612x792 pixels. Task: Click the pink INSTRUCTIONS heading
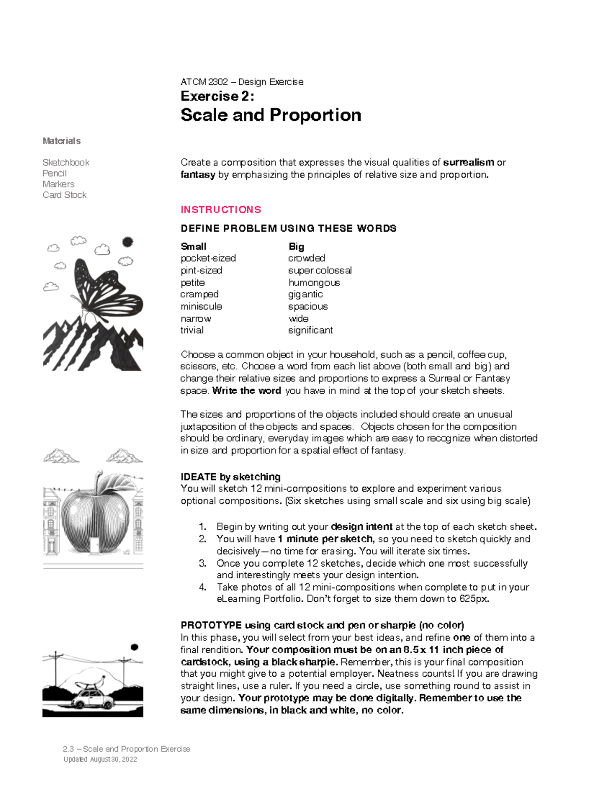point(220,210)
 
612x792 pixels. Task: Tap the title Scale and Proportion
point(271,115)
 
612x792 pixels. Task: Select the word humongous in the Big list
point(314,283)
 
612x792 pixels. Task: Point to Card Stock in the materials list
point(64,195)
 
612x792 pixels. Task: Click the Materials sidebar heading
point(62,141)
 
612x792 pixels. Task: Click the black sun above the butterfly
point(127,242)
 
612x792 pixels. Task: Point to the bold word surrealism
point(468,163)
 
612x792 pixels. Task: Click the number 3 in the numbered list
point(202,564)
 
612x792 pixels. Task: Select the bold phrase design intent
point(362,527)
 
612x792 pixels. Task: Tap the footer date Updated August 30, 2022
point(100,759)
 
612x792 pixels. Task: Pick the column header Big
point(296,247)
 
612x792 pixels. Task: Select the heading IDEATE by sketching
point(231,477)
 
